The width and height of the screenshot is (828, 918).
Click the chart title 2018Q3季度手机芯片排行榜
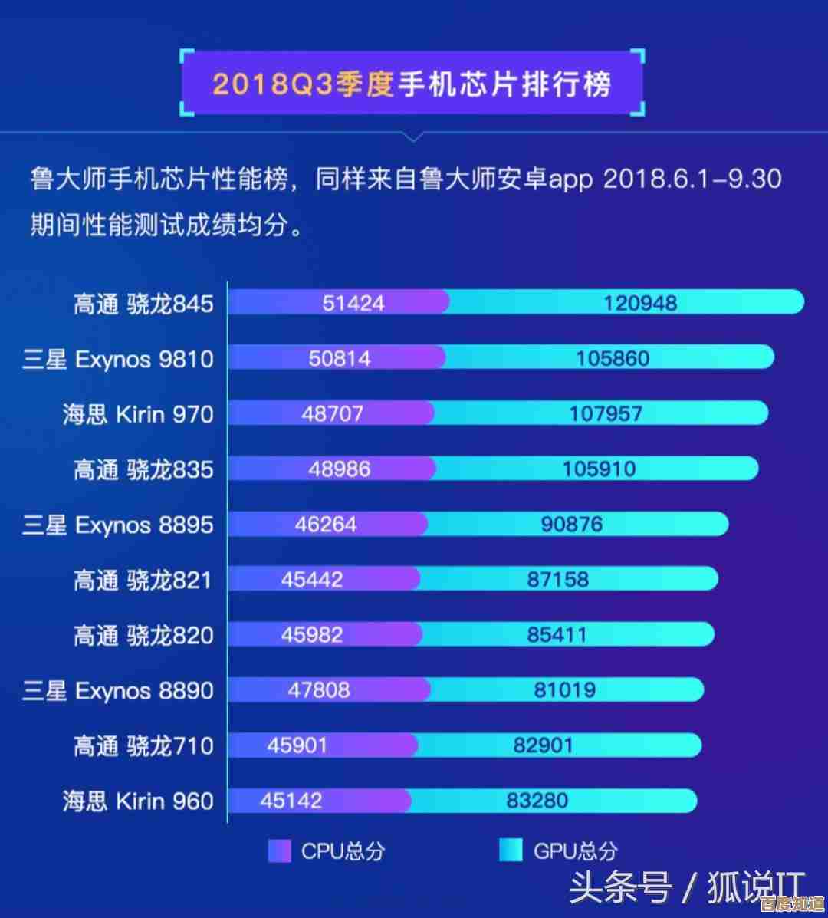(412, 83)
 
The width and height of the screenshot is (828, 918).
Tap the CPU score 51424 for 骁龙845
(353, 303)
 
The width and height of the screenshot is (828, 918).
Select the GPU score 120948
(640, 303)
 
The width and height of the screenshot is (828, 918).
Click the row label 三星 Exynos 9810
(118, 359)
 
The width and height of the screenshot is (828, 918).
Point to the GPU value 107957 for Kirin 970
(606, 414)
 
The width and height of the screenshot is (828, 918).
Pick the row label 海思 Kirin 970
(138, 415)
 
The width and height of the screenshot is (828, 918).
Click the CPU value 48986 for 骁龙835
(339, 469)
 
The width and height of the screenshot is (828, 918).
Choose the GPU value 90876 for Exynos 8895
(571, 525)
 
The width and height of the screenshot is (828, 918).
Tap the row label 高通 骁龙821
(143, 580)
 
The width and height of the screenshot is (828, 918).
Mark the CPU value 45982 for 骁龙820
(312, 635)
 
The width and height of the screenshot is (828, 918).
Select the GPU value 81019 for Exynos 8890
(564, 690)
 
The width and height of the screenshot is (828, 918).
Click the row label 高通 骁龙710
(143, 745)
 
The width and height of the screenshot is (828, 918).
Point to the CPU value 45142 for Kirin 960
(291, 801)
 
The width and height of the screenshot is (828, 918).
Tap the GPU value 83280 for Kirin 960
(537, 801)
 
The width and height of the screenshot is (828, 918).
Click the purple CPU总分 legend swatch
(279, 851)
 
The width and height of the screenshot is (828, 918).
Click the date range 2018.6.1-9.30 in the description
(692, 179)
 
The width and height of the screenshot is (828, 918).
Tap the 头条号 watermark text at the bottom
(621, 888)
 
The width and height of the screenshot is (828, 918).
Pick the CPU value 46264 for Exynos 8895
(325, 525)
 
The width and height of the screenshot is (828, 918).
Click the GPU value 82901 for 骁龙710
(543, 745)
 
